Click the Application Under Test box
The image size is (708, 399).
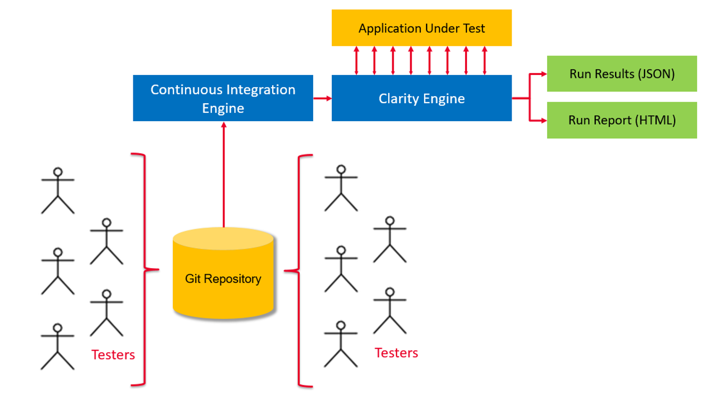[421, 28]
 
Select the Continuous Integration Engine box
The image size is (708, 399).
[223, 98]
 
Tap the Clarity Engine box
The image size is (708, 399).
[421, 98]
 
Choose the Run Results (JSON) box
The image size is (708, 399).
[622, 74]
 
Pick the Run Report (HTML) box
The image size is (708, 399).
[622, 120]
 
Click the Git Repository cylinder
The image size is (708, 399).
[223, 279]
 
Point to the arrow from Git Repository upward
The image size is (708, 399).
[224, 175]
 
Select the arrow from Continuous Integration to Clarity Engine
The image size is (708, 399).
[322, 98]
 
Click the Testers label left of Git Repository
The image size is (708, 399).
[113, 354]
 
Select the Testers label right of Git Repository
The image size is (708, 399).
[396, 353]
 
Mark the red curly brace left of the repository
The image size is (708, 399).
[144, 269]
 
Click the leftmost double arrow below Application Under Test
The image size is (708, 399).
[356, 61]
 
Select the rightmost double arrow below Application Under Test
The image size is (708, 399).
[484, 61]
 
